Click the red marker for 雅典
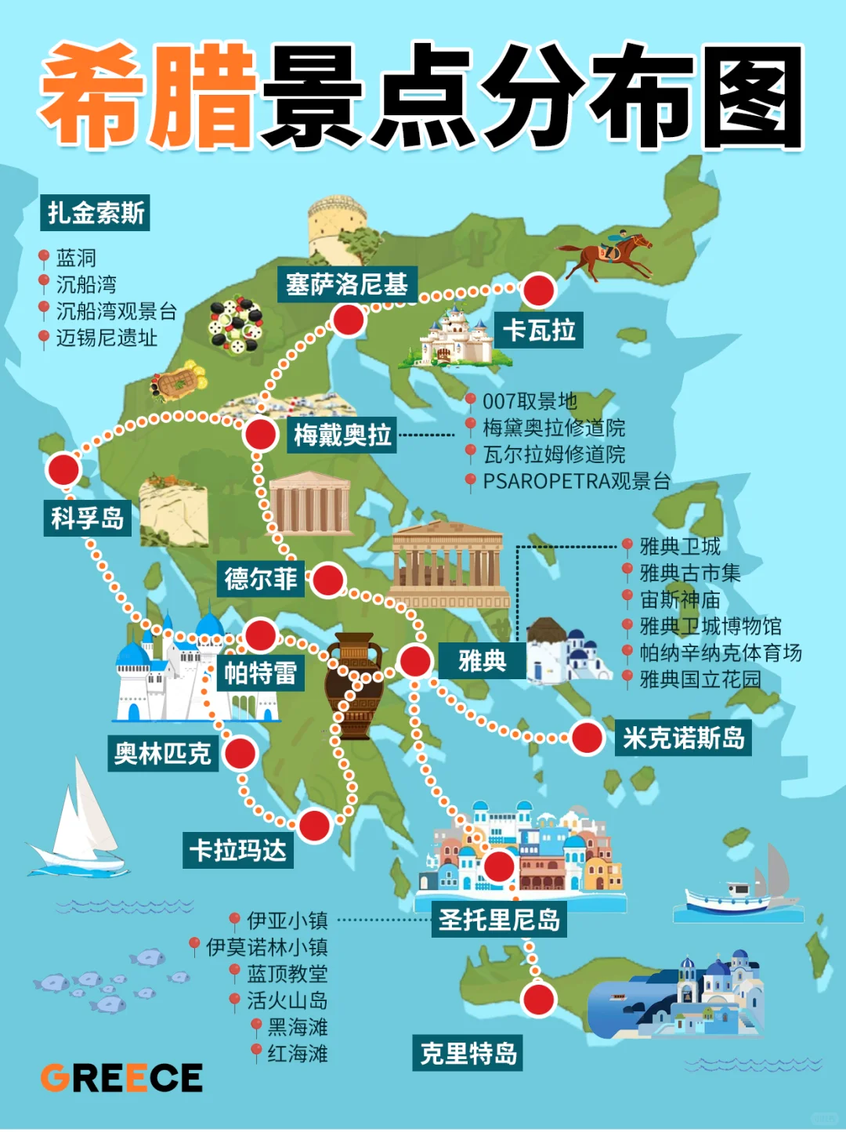pyautogui.click(x=415, y=661)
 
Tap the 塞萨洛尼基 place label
pyautogui.click(x=347, y=284)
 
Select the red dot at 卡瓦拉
pyautogui.click(x=538, y=291)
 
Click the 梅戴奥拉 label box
pyautogui.click(x=342, y=435)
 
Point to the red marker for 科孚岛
pyautogui.click(x=63, y=470)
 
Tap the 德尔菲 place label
pyautogui.click(x=261, y=579)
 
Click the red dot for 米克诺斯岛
pyautogui.click(x=587, y=738)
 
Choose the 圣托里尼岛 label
pyautogui.click(x=499, y=920)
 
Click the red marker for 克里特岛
pyautogui.click(x=539, y=1000)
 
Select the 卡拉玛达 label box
pyautogui.click(x=238, y=850)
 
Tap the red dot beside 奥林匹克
pyautogui.click(x=240, y=754)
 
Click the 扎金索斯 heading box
pyautogui.click(x=96, y=213)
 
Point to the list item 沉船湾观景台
pyautogui.click(x=116, y=311)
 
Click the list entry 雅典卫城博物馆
pyautogui.click(x=710, y=627)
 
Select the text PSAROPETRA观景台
pyautogui.click(x=576, y=481)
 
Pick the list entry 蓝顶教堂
pyautogui.click(x=287, y=974)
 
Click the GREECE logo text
pyautogui.click(x=122, y=1078)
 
